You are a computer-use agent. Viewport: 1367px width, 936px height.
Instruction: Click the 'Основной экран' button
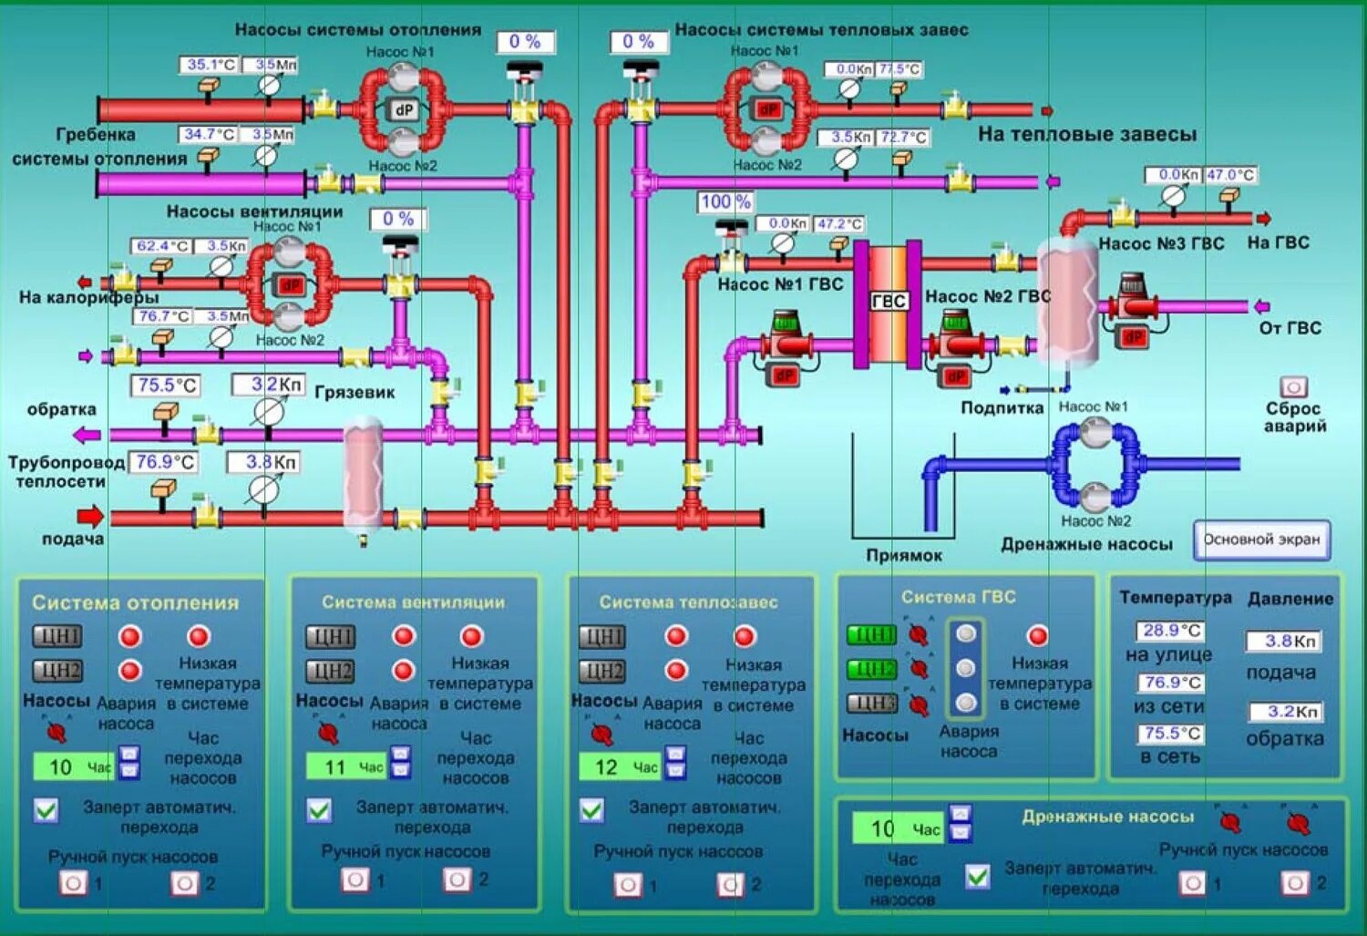pos(1261,540)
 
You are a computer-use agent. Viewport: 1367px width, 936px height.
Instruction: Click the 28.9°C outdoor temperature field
pos(1171,631)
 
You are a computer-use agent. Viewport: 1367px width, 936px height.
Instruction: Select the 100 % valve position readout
pos(726,201)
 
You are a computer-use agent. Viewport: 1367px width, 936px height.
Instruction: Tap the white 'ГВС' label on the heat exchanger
pos(889,302)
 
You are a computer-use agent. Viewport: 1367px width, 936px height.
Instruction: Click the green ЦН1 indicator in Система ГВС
pos(871,634)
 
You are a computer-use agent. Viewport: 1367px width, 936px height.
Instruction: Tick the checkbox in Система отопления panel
pos(46,809)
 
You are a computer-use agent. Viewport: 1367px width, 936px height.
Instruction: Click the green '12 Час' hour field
pos(621,767)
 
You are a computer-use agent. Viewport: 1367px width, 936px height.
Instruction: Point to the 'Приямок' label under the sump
pos(903,555)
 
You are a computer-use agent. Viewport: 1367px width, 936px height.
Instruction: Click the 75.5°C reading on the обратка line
pos(167,386)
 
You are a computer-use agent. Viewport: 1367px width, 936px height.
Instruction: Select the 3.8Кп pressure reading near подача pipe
pos(272,462)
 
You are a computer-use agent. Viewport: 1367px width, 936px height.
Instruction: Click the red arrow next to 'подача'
pos(89,517)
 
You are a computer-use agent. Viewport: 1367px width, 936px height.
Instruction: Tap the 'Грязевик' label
pos(355,393)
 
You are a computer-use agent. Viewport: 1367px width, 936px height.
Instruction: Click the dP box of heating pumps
pos(403,110)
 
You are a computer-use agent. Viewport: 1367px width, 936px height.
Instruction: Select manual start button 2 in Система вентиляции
pos(457,879)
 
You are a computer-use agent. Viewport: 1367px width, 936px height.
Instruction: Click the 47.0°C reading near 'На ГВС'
pos(1230,174)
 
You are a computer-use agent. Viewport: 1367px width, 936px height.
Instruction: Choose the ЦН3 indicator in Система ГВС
pos(871,703)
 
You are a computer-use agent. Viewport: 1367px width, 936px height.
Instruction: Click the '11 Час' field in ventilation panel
pos(346,767)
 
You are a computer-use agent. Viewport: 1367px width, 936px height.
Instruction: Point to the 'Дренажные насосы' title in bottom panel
pos(1107,817)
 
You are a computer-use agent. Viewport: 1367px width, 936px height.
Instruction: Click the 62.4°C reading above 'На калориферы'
pos(162,246)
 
